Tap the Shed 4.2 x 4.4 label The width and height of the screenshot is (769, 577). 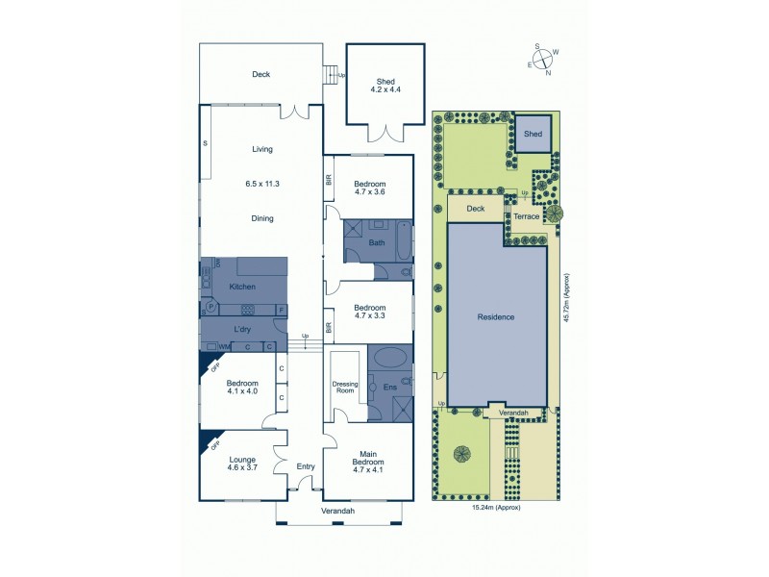[x=384, y=85]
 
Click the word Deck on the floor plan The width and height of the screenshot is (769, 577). [x=261, y=75]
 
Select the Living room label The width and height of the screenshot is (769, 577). [x=262, y=149]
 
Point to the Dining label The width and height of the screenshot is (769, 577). [x=262, y=218]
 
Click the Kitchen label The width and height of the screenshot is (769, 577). [x=242, y=287]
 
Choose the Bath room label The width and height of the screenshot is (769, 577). [x=377, y=243]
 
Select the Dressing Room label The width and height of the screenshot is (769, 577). [x=345, y=388]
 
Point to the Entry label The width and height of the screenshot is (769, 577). [x=306, y=466]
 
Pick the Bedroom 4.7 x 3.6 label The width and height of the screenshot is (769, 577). [x=369, y=188]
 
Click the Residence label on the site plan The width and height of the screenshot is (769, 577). [x=496, y=316]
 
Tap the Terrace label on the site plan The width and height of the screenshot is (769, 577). [x=526, y=217]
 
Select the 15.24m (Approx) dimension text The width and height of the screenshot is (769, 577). [x=496, y=508]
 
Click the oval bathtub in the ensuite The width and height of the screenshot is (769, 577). [x=390, y=359]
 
